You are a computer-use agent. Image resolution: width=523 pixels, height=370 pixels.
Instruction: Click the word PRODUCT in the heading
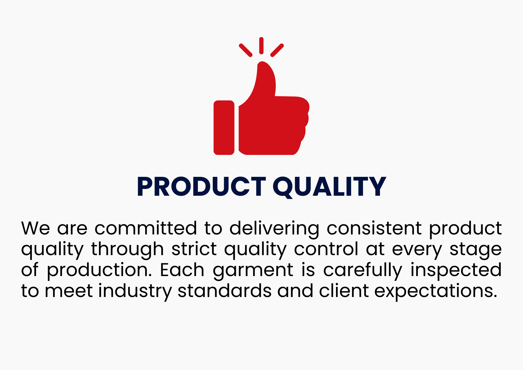[x=201, y=186]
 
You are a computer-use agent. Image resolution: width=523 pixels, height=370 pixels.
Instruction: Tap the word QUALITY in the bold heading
[x=329, y=187]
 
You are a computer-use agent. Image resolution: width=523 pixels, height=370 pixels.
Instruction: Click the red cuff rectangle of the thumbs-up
[x=224, y=128]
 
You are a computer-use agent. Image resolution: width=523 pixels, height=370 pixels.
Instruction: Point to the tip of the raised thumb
[x=262, y=62]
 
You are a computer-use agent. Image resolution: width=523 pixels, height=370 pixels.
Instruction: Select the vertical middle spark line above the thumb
[x=261, y=46]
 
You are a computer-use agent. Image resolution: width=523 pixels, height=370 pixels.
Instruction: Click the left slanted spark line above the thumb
[x=246, y=50]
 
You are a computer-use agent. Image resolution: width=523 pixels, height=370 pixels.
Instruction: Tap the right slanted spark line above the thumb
[x=277, y=50]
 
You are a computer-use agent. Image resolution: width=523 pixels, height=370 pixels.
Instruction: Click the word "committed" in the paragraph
[x=146, y=228]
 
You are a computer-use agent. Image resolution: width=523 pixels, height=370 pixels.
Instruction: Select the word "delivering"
[x=274, y=229]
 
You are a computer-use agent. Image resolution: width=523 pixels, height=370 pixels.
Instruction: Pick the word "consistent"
[x=374, y=228]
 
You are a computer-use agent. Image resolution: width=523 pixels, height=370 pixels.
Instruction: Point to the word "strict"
[x=194, y=249]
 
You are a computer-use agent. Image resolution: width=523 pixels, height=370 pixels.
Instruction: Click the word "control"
[x=326, y=249]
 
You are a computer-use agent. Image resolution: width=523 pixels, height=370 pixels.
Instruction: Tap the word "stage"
[x=476, y=250]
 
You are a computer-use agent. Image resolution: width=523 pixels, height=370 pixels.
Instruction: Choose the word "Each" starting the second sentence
[x=182, y=270]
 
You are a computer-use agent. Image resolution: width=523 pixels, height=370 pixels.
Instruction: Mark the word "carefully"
[x=363, y=271]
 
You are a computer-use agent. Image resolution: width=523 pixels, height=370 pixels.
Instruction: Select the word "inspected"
[x=456, y=271]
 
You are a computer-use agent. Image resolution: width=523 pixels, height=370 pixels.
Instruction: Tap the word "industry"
[x=135, y=292]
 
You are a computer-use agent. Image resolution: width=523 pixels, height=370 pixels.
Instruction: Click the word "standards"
[x=225, y=290]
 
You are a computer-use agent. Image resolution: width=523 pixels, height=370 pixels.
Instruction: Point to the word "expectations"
[x=436, y=292]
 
